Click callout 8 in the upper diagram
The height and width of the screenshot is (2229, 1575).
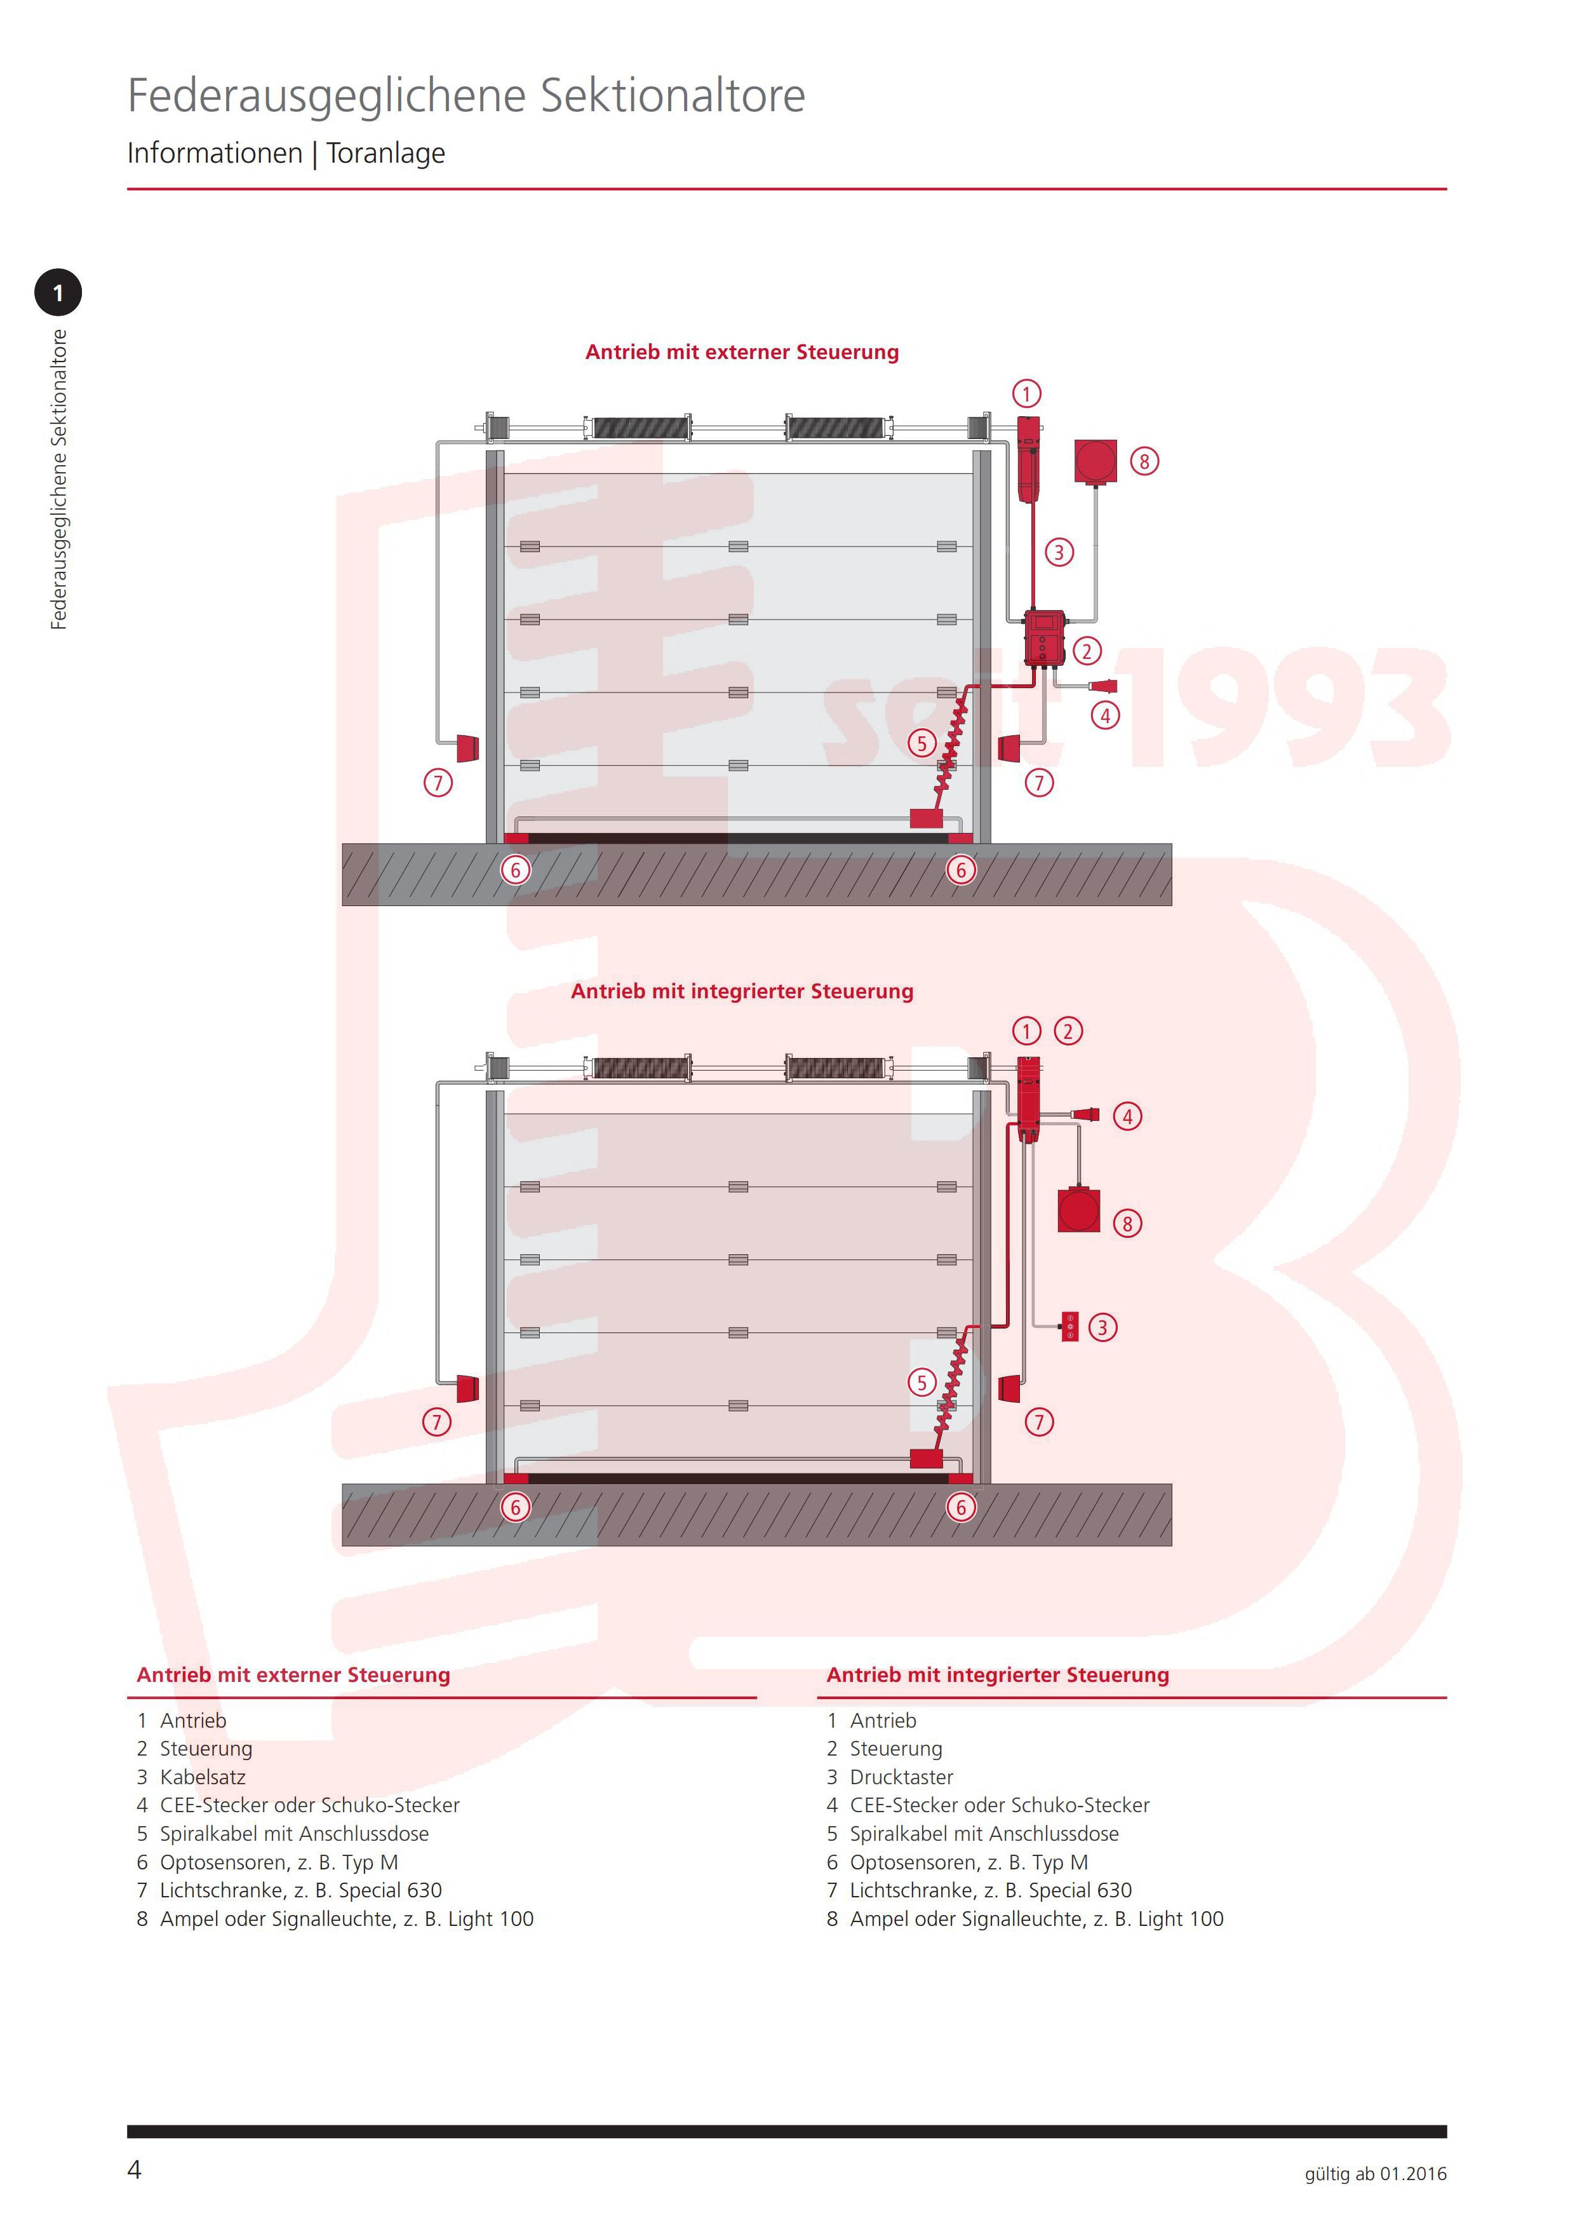click(x=1144, y=461)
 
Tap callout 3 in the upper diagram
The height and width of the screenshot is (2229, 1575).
click(x=1059, y=552)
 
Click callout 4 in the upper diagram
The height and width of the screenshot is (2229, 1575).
click(x=1105, y=715)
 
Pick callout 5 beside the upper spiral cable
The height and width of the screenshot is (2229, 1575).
click(x=922, y=743)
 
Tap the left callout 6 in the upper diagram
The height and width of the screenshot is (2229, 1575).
click(x=515, y=870)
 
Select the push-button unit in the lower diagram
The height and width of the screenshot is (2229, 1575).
click(x=1069, y=1326)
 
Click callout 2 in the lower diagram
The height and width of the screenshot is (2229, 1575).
click(x=1068, y=1031)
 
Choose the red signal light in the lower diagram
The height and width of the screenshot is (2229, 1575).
click(x=1079, y=1210)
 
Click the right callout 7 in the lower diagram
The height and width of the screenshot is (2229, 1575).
click(x=1040, y=1422)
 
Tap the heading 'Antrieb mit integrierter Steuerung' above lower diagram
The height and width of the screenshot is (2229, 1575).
click(x=742, y=991)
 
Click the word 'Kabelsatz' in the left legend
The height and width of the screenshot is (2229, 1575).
click(x=203, y=1777)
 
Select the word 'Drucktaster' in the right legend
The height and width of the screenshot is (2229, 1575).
click(x=902, y=1777)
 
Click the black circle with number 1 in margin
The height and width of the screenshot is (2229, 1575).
click(x=58, y=292)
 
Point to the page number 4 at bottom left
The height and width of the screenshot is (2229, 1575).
click(x=135, y=2170)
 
